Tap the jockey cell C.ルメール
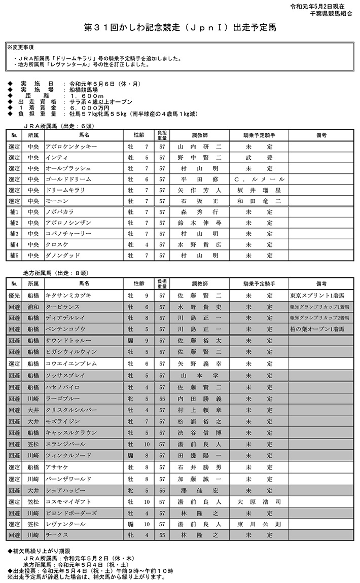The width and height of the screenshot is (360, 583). [259, 179]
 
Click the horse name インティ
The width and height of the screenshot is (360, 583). [54, 158]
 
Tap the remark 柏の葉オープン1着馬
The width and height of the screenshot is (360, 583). [318, 330]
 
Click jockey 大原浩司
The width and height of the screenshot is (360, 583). [259, 502]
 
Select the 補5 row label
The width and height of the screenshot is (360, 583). [14, 256]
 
